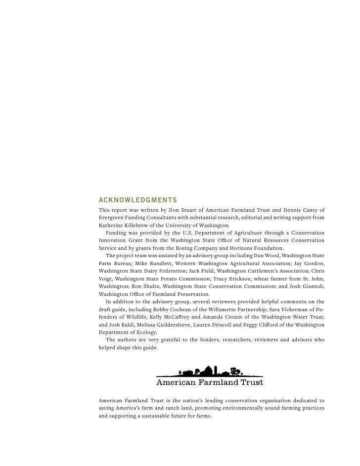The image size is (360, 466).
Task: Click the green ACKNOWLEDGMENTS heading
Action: coord(138,200)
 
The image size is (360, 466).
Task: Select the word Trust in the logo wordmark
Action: coord(251,382)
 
